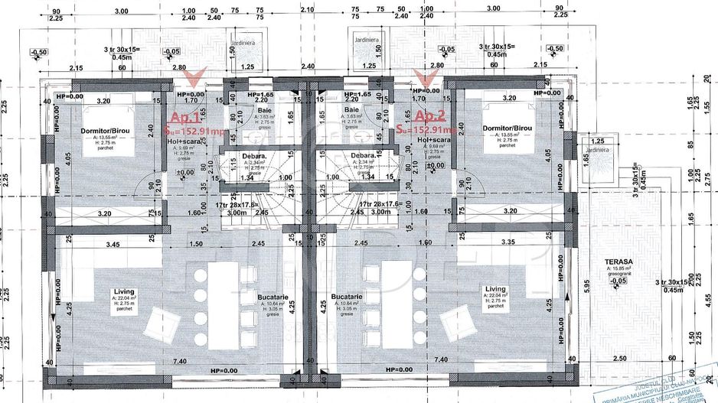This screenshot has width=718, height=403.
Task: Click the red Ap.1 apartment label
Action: (184, 118)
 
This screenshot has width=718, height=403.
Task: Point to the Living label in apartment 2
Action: (495, 290)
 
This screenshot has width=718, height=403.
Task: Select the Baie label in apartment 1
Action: (241, 110)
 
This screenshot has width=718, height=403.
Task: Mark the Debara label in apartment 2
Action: (361, 156)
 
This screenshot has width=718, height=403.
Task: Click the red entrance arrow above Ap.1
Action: (197, 76)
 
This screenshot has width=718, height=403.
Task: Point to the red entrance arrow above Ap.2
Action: (421, 76)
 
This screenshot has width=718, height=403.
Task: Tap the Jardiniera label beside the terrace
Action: (593, 150)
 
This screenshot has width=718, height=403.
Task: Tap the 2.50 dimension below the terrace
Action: (621, 358)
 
